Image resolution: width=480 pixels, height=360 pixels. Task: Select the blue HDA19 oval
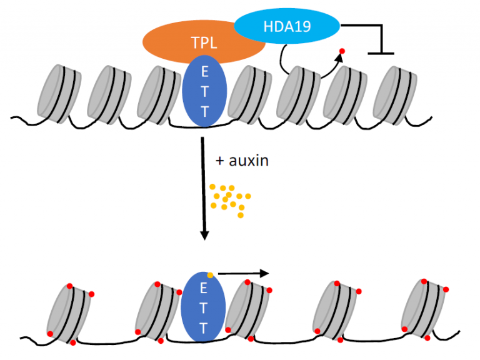pyautogui.click(x=287, y=26)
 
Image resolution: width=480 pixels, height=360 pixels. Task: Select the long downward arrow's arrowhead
pyautogui.click(x=204, y=234)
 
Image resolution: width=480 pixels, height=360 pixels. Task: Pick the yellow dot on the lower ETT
pyautogui.click(x=211, y=274)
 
